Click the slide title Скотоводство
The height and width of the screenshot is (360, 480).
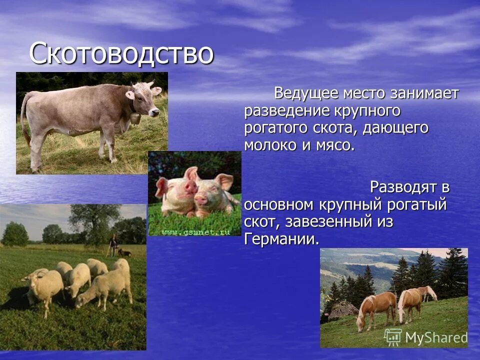click(121, 54)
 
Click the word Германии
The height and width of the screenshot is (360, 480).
click(281, 238)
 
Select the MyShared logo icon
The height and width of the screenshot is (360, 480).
click(393, 337)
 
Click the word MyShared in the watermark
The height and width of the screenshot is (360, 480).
click(436, 338)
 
